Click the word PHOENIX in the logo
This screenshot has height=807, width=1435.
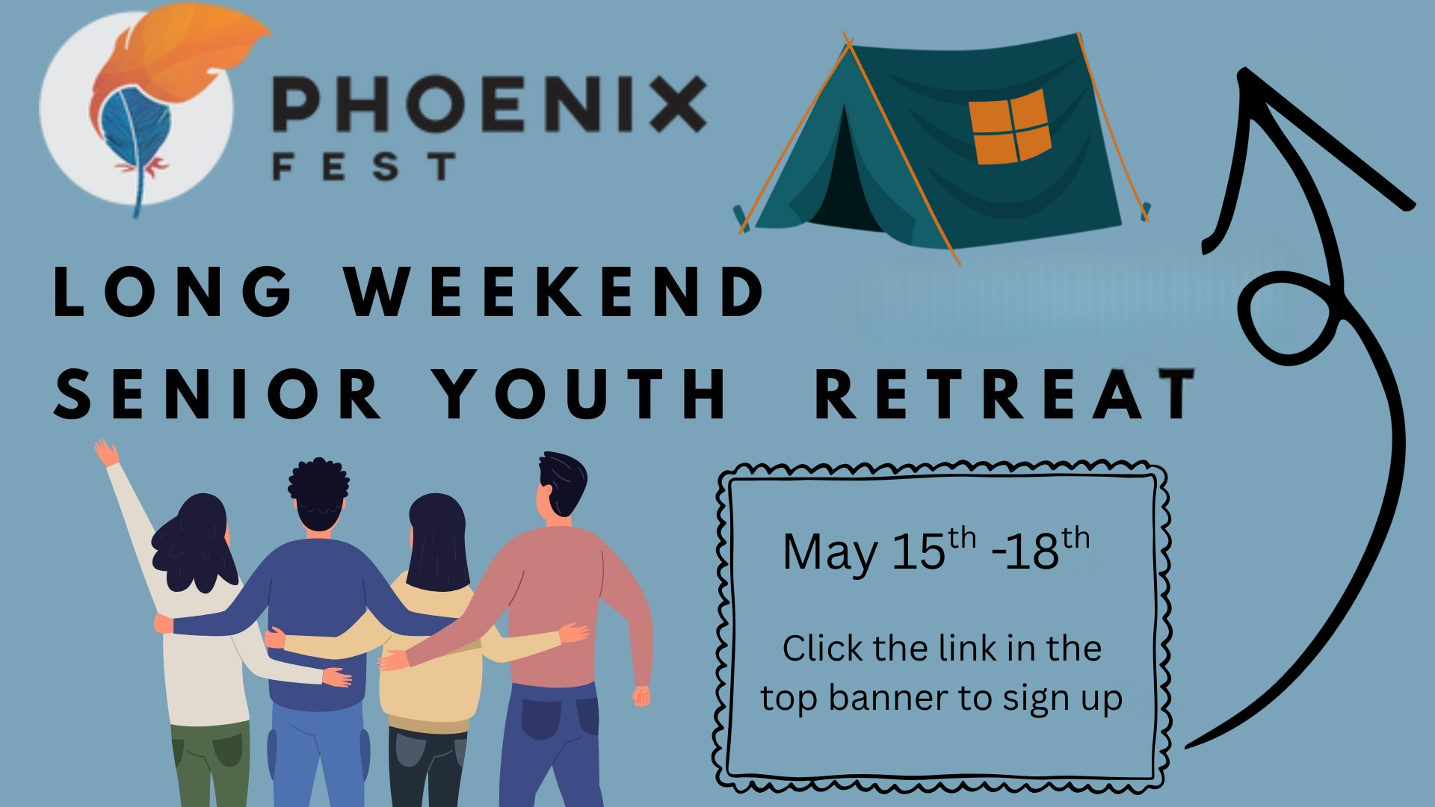(x=490, y=104)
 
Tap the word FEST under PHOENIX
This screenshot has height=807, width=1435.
(x=364, y=166)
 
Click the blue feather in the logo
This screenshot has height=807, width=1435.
(x=135, y=134)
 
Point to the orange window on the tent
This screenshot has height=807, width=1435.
(x=1010, y=126)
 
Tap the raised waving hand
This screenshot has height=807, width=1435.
(x=106, y=453)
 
